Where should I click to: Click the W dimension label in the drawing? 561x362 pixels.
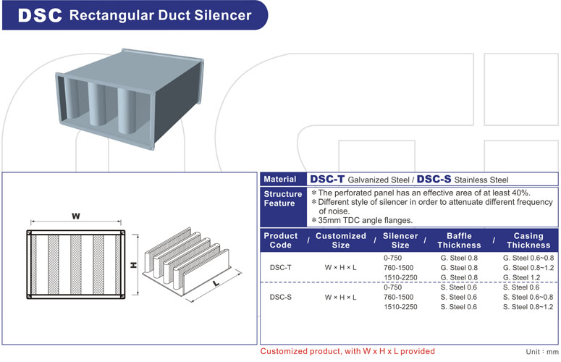[75, 216]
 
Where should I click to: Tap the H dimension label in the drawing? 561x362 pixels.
[134, 265]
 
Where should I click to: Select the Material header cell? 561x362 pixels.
[279, 179]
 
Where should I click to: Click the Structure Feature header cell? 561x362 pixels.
[282, 198]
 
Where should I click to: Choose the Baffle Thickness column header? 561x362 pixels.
[459, 240]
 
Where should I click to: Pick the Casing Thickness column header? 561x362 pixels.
[528, 240]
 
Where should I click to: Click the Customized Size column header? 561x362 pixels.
[342, 240]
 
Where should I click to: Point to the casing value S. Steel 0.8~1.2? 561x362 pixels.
[528, 307]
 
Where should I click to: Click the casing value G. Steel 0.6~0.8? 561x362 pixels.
[528, 258]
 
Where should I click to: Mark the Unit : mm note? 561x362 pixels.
[541, 351]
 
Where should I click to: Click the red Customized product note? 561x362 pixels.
[347, 351]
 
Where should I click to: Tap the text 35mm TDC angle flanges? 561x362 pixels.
[365, 220]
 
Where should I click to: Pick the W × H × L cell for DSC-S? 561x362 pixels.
[341, 297]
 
